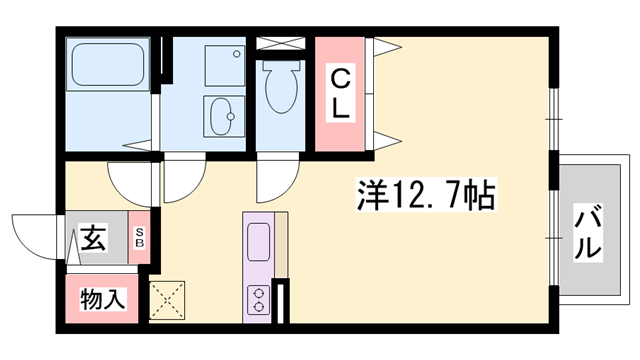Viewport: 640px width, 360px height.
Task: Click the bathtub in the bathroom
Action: pos(108,64)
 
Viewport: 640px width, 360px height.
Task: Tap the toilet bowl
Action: pos(280,87)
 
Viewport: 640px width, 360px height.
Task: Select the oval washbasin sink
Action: pos(222,116)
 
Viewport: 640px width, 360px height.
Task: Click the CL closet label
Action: pos(340,94)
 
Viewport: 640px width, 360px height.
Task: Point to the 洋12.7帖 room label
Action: pos(427,194)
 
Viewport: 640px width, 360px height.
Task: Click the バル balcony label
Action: pos(588,231)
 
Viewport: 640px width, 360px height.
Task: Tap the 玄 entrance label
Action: pos(93,238)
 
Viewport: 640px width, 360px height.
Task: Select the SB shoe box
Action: pos(140,238)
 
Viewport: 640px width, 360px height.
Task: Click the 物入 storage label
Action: pos(102,299)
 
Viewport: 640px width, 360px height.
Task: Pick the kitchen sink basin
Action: pos(258,242)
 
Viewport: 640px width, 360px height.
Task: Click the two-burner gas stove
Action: pos(258,300)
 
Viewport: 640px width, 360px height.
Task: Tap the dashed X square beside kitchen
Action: pos(167,300)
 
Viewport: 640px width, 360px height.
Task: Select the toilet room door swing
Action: pos(278,181)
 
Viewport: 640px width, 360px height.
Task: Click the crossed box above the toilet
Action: pos(281,43)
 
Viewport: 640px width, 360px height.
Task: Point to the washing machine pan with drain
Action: pos(225,65)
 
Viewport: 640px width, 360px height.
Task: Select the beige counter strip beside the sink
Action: pos(281,245)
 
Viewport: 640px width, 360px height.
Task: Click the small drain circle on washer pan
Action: pos(236,53)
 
